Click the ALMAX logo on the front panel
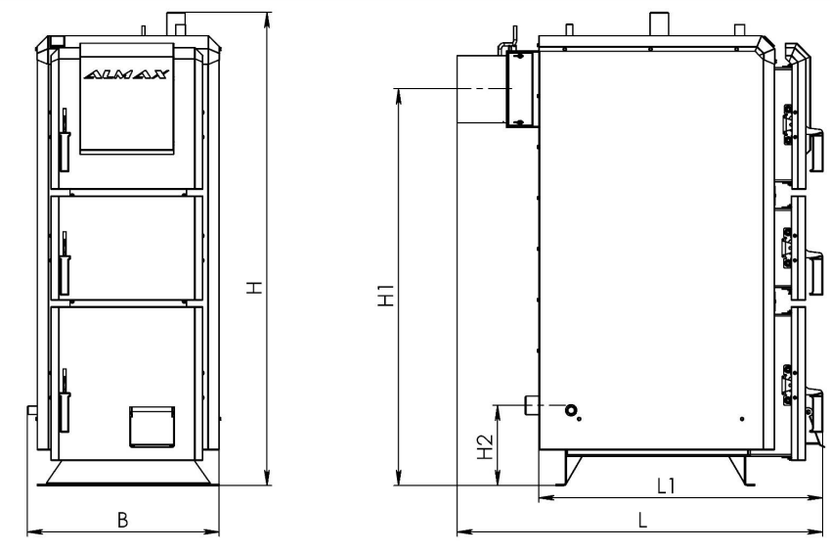(127, 74)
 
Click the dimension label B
(122, 520)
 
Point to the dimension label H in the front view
(255, 288)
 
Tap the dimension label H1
(386, 296)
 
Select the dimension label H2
(486, 447)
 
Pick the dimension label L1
(666, 485)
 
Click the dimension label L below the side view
(642, 520)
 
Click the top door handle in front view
(65, 140)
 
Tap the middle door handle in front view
(65, 263)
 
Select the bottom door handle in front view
(65, 400)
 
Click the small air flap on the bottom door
(153, 427)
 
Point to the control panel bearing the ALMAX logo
(127, 99)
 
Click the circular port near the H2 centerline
(571, 410)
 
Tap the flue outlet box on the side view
(522, 89)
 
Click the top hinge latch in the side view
(789, 124)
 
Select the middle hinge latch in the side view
(789, 248)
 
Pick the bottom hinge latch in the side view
(789, 385)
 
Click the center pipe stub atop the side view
(657, 23)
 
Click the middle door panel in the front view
(127, 248)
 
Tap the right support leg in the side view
(741, 470)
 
